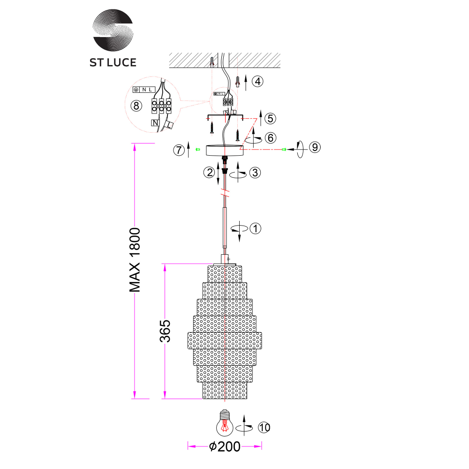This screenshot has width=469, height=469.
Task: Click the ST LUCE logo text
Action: pos(113,62)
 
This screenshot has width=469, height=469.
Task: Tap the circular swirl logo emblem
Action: pos(113,30)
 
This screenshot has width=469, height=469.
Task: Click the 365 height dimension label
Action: pos(165,331)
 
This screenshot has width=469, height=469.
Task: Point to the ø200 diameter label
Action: pos(225,446)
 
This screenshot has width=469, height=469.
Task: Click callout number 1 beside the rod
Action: pos(256,229)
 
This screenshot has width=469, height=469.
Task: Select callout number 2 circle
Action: pos(209,172)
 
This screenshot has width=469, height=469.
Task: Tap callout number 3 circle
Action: pos(255,173)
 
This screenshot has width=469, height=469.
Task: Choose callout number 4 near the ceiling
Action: pos(257,81)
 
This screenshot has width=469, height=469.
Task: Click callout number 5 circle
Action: pos(270,118)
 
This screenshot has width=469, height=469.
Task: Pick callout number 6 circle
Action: pos(270,138)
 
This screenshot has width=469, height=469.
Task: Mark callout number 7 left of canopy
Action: pos(178,150)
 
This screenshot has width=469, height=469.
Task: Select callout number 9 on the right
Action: pos(315,147)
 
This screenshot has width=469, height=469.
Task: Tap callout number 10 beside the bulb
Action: pos(264,427)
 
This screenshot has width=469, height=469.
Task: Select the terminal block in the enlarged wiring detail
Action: pos(162,105)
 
